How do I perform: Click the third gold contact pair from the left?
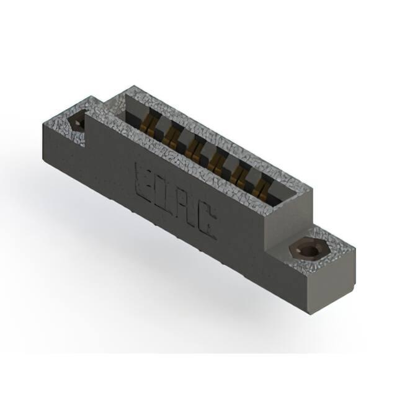(x=192, y=150)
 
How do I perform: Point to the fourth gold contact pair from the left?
(x=215, y=163)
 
